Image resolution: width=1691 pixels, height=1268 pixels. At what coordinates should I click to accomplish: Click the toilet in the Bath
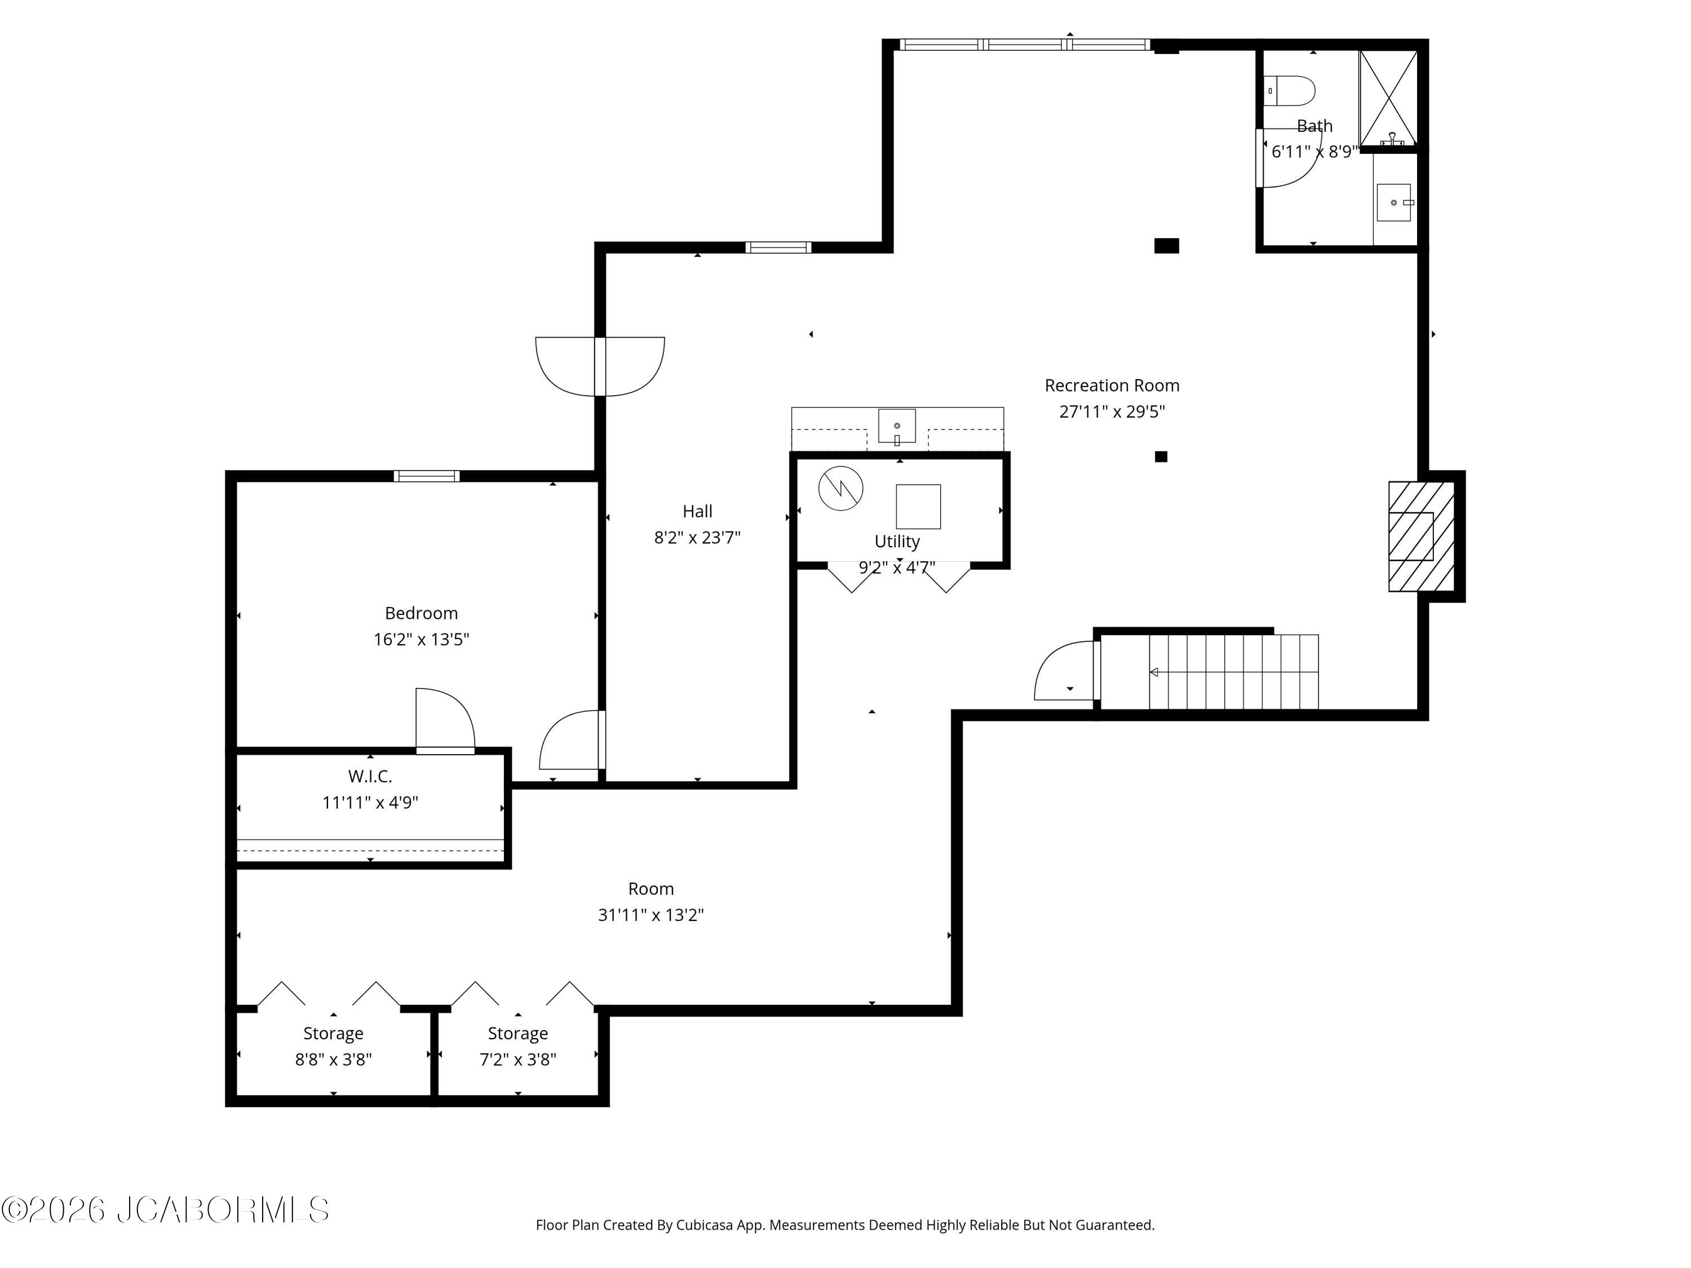coord(1289,91)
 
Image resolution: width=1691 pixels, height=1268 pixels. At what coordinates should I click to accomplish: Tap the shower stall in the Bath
coord(1388,98)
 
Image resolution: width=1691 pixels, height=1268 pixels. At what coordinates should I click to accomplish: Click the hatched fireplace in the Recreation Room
coord(1421,536)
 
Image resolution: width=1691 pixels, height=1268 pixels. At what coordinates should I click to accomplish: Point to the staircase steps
coord(1234,672)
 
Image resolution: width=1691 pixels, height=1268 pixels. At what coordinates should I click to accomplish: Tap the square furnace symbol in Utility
coord(918,507)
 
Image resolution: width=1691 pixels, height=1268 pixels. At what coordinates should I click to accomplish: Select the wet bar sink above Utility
coord(897,427)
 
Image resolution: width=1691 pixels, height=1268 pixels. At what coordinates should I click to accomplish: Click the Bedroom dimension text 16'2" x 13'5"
coord(421,639)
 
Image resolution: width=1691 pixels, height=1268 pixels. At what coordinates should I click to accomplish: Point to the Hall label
coord(697,511)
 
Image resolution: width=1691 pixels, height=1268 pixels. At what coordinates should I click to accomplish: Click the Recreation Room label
coord(1112,385)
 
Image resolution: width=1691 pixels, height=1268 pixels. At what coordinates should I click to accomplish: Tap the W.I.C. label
coord(370,777)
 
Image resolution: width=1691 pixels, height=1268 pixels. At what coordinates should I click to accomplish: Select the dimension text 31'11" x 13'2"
coord(650,915)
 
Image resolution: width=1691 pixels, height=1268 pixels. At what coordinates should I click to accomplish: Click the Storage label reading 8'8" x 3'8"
coord(333,1034)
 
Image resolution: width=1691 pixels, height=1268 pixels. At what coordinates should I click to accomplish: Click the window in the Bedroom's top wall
coord(427,476)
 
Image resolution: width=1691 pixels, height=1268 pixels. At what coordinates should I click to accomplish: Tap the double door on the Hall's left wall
coord(600,367)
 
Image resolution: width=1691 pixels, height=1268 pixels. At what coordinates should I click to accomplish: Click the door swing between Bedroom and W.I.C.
coord(445,721)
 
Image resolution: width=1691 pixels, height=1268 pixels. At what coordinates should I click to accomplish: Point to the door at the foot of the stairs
coord(1067,670)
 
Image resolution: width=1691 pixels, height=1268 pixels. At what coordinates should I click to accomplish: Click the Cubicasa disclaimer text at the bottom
coord(845,1225)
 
